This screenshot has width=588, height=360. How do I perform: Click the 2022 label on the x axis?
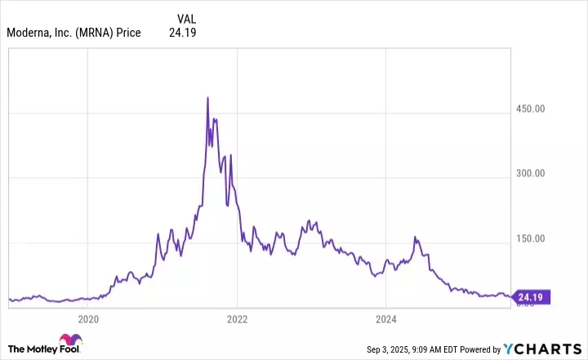pos(237,319)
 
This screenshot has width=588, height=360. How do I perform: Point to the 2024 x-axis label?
pos(387,319)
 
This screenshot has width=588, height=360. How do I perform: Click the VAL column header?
pos(186,18)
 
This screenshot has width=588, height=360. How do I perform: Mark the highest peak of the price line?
pos(207,98)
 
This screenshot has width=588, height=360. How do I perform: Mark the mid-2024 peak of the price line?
pos(416,238)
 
